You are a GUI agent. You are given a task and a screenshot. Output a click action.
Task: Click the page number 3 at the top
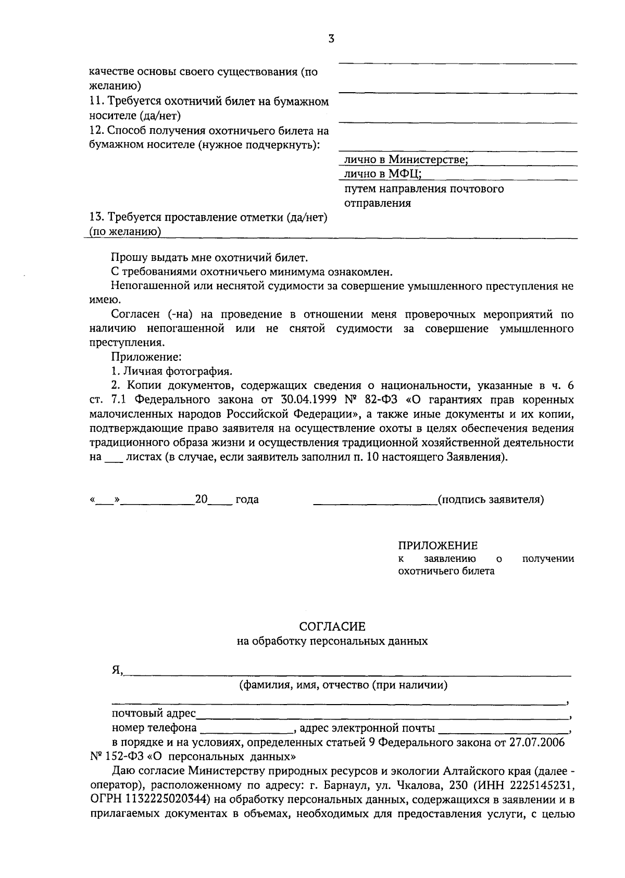(x=331, y=39)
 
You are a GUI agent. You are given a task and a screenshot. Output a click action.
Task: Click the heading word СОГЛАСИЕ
(x=332, y=626)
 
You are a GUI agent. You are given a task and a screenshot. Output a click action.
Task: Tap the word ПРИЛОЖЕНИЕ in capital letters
(x=438, y=546)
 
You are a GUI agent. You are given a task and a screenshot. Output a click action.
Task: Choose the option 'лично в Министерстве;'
(x=406, y=159)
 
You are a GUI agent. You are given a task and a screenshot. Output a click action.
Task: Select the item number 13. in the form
(x=97, y=218)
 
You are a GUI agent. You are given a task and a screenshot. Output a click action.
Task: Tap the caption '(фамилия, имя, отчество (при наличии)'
(x=343, y=685)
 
